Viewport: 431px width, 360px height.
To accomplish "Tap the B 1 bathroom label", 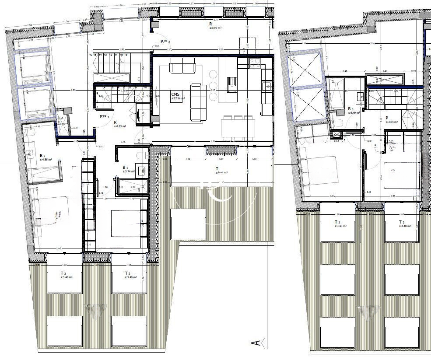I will point(125,167).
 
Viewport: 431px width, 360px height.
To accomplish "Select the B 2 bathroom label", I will point(42,155).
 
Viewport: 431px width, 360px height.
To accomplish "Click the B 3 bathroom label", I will point(350,108).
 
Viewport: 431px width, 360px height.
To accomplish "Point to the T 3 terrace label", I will point(63,273).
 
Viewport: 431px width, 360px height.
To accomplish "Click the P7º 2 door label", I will point(165,41).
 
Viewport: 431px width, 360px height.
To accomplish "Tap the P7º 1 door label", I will point(104,117).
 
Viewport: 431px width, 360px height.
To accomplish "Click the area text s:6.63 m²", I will point(120,127).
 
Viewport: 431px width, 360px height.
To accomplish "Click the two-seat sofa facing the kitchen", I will point(182,67).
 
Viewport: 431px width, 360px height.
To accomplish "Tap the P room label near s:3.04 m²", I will point(387,118).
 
